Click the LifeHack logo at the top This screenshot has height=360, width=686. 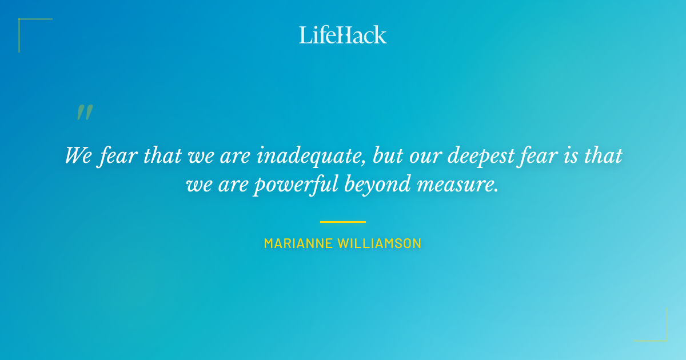point(343,35)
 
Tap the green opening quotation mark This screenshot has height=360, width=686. point(84,112)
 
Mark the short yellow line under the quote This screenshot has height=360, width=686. point(343,222)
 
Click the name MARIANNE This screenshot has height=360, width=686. point(298,243)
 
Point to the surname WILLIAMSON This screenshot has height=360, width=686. point(380,243)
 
